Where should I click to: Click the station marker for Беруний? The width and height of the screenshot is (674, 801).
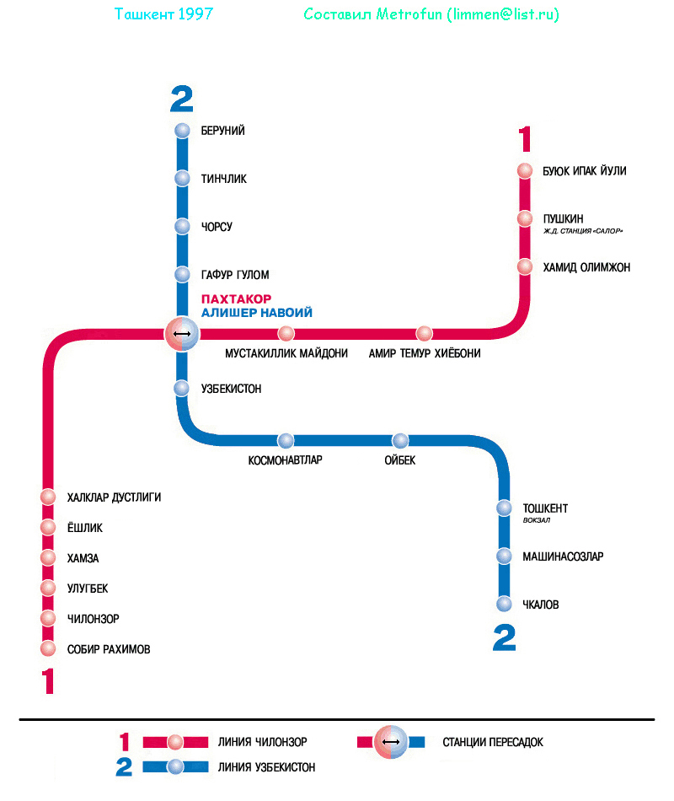click(x=182, y=131)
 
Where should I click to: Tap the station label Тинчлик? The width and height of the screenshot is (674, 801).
click(x=223, y=179)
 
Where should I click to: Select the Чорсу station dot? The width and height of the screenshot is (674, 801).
click(x=182, y=227)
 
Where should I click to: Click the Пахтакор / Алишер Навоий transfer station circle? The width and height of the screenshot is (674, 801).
click(x=181, y=334)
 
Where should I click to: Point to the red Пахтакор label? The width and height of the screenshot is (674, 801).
click(x=236, y=299)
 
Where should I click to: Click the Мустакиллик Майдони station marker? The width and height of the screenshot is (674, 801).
click(x=286, y=334)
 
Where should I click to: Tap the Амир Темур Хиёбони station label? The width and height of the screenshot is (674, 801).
click(x=425, y=354)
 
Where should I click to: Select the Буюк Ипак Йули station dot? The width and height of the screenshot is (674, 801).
click(x=525, y=171)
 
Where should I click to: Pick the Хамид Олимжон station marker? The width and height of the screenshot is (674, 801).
click(x=525, y=267)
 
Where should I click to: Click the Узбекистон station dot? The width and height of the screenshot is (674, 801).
click(x=182, y=389)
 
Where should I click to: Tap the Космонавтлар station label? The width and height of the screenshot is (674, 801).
click(x=286, y=460)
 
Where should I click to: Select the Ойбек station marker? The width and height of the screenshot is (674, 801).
click(x=400, y=441)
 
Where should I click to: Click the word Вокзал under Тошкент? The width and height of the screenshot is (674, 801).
click(x=536, y=520)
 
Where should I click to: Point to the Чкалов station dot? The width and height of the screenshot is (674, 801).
click(x=504, y=605)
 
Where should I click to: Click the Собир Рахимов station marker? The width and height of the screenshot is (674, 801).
click(x=48, y=649)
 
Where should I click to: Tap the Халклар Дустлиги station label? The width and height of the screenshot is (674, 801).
click(x=114, y=497)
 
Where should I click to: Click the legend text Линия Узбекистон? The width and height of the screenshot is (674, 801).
click(x=266, y=767)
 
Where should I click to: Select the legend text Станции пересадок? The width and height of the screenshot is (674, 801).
click(x=493, y=743)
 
